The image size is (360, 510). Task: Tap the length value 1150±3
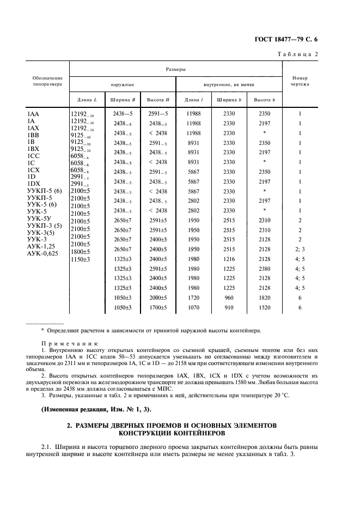(x=80, y=260)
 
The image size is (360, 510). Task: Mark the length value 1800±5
(x=80, y=252)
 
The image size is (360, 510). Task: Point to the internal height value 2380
(x=264, y=269)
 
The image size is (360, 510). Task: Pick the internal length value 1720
(x=194, y=298)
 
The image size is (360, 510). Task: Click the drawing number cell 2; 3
(x=300, y=249)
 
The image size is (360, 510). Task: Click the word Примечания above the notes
(x=70, y=344)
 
